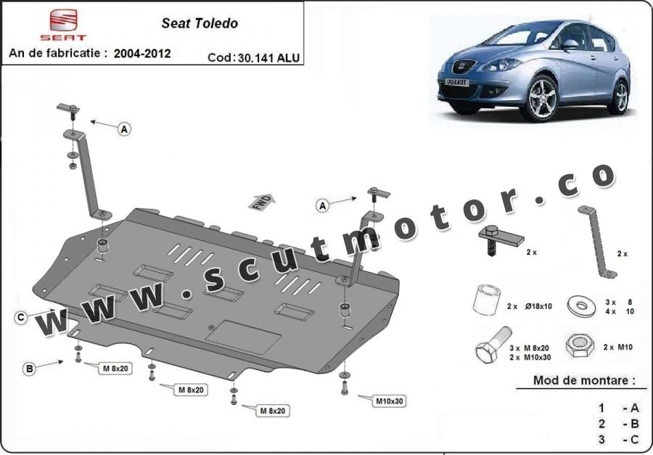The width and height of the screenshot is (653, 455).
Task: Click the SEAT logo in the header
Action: (x=63, y=25)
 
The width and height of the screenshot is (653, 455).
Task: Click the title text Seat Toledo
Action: (x=200, y=23)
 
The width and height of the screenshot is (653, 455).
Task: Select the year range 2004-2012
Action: (x=142, y=53)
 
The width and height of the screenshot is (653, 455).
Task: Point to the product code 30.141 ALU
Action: (x=269, y=57)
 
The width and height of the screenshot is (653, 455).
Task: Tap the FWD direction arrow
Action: (x=261, y=202)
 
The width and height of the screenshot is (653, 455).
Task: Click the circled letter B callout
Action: (x=29, y=369)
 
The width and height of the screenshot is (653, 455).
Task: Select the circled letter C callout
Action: (x=21, y=318)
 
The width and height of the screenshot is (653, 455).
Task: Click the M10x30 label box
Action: (x=390, y=401)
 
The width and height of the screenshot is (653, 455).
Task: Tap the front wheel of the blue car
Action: (x=542, y=98)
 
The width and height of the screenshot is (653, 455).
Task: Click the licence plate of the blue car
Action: (x=457, y=82)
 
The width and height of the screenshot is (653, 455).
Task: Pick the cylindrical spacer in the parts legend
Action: (x=486, y=300)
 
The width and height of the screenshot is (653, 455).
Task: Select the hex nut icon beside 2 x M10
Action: (x=580, y=345)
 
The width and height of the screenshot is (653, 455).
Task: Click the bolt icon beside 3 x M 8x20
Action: (x=493, y=345)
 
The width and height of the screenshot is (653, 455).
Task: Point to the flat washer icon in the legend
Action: (x=582, y=306)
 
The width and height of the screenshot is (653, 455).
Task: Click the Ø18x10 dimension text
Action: (x=538, y=306)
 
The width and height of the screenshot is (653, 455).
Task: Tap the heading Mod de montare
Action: (x=584, y=380)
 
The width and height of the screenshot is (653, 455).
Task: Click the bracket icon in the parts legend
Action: (x=598, y=242)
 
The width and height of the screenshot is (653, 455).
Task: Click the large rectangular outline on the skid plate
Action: (x=244, y=337)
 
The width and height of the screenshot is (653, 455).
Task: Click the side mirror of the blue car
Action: (x=570, y=44)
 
